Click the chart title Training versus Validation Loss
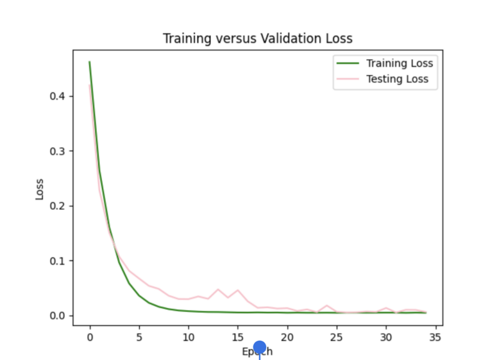257,39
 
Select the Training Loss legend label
399,64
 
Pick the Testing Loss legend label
396,80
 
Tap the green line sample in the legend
346,64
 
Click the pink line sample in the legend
346,80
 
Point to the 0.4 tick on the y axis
58,96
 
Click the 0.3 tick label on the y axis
58,151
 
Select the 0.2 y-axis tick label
58,206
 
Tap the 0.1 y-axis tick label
58,261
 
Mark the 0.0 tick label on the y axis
58,316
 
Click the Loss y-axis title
40,188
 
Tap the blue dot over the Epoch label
259,348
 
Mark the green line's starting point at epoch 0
90,62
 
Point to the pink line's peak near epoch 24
327,305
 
